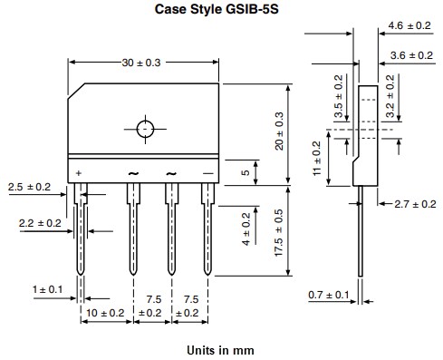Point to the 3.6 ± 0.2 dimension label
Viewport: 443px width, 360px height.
(x=409, y=56)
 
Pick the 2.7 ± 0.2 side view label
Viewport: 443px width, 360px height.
(x=415, y=205)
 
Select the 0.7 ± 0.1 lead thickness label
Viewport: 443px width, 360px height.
(x=327, y=296)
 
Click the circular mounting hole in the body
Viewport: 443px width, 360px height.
(x=146, y=128)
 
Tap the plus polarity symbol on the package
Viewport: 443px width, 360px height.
(x=80, y=172)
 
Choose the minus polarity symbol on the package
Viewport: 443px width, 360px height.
(x=208, y=172)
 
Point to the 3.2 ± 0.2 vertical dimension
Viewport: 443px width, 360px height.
(x=391, y=98)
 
